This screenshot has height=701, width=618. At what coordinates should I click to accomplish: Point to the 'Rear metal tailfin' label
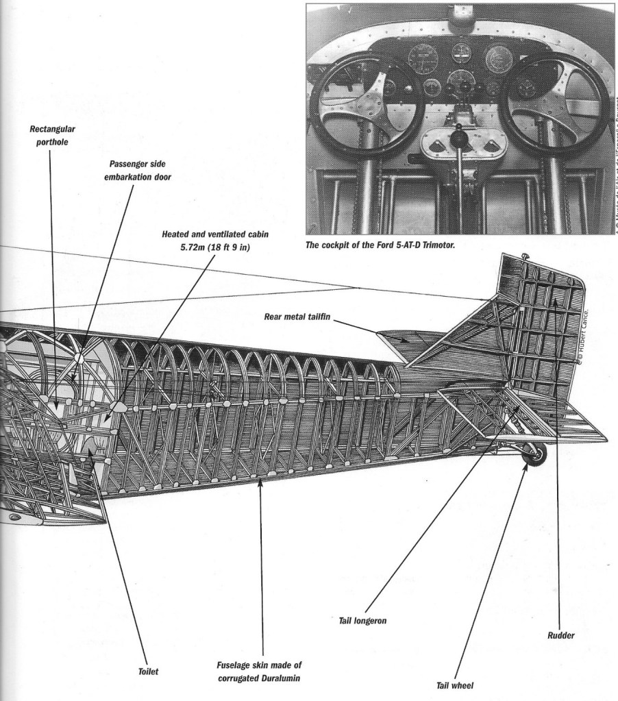(x=298, y=317)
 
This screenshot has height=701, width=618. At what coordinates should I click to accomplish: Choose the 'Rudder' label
(x=560, y=635)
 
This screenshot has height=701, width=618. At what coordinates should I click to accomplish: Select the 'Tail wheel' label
(x=455, y=684)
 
